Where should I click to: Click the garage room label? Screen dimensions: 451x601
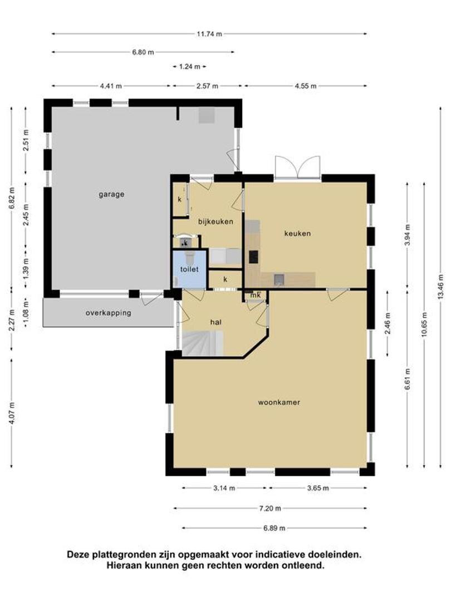click(x=111, y=194)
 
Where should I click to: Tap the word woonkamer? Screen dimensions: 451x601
click(x=279, y=402)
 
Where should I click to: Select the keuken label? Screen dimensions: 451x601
click(x=297, y=233)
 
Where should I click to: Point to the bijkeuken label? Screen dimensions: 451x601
click(x=215, y=221)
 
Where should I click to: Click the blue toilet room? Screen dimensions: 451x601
click(x=189, y=269)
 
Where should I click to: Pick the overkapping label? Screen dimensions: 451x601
click(x=108, y=313)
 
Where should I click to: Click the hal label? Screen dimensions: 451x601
click(x=216, y=322)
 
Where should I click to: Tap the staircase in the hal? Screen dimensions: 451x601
click(x=203, y=343)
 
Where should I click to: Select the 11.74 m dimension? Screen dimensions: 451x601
click(x=209, y=34)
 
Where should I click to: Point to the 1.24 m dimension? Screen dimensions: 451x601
click(x=189, y=67)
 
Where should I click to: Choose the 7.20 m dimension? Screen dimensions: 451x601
click(x=270, y=509)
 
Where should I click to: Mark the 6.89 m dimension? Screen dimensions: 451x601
click(x=274, y=528)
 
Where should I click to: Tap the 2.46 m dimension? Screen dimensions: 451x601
click(x=388, y=323)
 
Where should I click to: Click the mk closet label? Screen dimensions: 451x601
click(x=256, y=295)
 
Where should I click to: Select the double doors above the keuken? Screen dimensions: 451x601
click(x=297, y=167)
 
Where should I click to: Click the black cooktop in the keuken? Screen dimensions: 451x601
click(x=253, y=257)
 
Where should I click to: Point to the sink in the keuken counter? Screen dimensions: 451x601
click(x=279, y=280)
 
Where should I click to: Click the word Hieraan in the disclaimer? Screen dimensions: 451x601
click(x=122, y=565)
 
